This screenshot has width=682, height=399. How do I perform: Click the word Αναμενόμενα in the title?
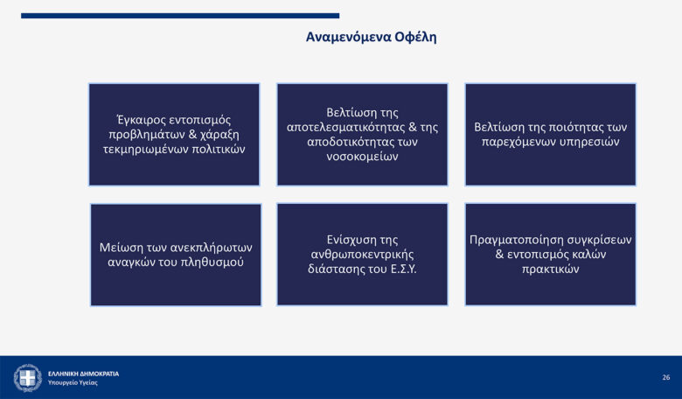(348, 38)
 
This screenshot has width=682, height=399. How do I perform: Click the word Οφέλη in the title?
(416, 38)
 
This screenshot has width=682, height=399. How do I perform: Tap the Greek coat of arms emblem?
(27, 378)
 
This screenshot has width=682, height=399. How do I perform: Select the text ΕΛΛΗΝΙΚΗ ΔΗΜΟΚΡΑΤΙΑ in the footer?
(84, 374)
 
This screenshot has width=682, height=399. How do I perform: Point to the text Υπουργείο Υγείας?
(73, 383)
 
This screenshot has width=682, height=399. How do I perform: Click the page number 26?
(666, 377)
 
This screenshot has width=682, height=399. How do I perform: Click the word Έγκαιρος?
(141, 120)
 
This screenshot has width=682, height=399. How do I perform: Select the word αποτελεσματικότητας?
(345, 128)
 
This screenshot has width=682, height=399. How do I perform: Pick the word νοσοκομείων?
(362, 157)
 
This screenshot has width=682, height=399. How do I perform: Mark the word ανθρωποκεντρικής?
(362, 255)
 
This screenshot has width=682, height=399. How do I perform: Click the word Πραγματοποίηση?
(518, 240)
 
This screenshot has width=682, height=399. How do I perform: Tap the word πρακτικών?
(551, 269)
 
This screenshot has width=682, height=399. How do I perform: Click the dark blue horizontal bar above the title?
(180, 16)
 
